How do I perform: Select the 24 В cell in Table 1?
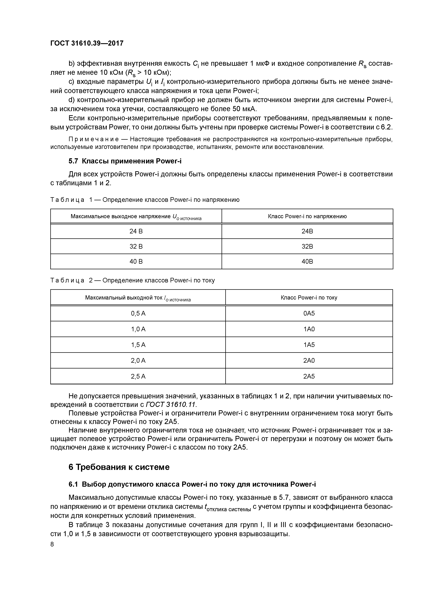click(136, 231)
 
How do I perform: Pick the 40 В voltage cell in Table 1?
click(136, 261)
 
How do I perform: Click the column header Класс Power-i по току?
click(309, 298)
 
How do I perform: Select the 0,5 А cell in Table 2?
click(138, 313)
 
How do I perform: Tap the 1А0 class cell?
click(309, 329)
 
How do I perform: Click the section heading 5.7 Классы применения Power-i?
click(125, 161)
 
